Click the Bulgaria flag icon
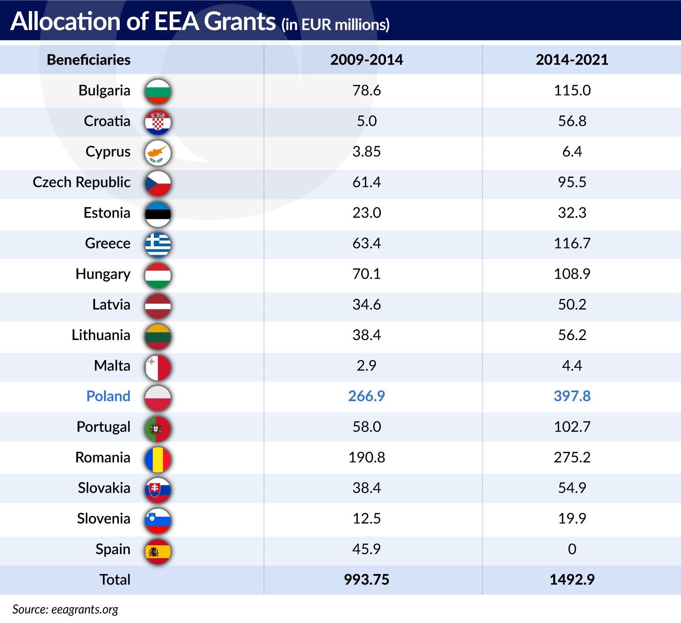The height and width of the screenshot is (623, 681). point(158,92)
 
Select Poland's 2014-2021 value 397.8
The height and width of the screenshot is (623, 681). point(572,396)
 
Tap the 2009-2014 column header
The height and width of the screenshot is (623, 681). point(366,60)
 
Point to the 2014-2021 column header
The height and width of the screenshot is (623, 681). point(572,60)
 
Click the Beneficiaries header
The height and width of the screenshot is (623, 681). point(88,60)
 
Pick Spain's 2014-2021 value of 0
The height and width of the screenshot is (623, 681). point(572,549)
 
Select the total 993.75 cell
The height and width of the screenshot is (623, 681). point(366,580)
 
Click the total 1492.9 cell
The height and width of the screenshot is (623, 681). point(572,580)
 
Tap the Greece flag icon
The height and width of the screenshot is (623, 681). point(158,245)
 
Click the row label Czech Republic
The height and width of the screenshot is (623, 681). point(82,182)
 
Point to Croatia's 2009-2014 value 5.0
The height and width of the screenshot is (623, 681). point(366,121)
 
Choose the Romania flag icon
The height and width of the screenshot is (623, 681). point(158,459)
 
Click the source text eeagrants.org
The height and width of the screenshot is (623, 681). point(84,609)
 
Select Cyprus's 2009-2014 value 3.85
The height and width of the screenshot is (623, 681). point(366,152)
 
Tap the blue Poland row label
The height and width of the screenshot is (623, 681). point(108,396)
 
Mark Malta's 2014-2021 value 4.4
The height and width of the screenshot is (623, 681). point(572,366)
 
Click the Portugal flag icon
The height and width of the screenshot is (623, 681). point(158,428)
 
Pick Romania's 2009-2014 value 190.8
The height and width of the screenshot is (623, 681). point(366,457)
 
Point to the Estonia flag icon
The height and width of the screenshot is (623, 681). point(158,214)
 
